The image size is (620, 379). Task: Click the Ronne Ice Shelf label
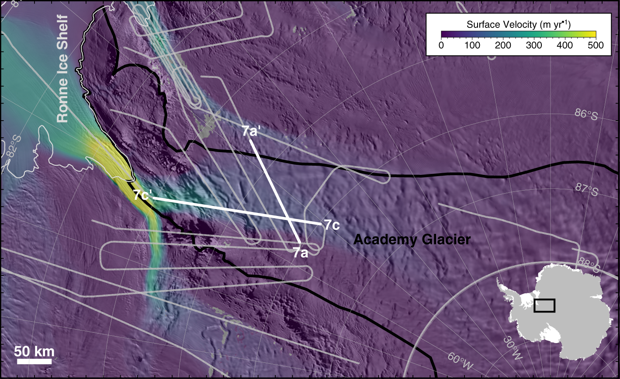(62, 69)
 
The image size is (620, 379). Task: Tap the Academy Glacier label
(412, 240)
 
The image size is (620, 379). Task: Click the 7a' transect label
(251, 131)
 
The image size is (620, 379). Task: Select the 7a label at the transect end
(301, 253)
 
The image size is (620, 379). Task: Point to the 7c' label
(143, 195)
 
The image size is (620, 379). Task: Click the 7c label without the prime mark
(332, 226)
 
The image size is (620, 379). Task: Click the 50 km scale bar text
(35, 351)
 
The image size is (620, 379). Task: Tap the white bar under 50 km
(35, 362)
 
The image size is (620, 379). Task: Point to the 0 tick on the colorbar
(441, 45)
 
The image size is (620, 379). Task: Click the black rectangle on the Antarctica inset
(544, 305)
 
